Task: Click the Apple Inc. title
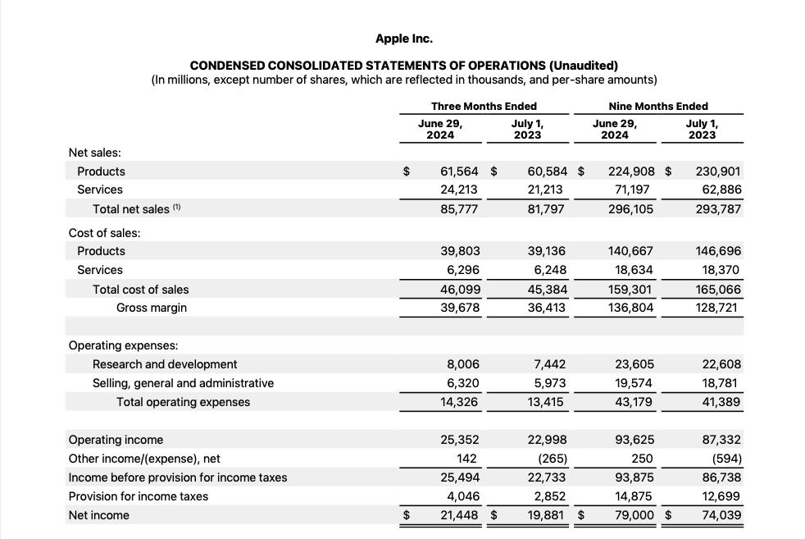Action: pos(403,39)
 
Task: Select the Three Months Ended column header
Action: pos(484,106)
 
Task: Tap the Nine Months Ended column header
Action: pos(657,106)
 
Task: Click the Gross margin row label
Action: pos(152,308)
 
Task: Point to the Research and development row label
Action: pos(165,364)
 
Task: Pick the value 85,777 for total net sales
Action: pos(460,209)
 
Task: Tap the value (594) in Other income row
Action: pos(723,459)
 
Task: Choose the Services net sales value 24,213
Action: pos(460,190)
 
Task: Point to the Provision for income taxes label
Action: pos(138,496)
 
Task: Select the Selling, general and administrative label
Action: pos(183,383)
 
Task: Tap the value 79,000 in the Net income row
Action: pos(635,515)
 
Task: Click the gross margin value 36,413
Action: pos(547,308)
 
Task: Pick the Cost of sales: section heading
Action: pos(104,233)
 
